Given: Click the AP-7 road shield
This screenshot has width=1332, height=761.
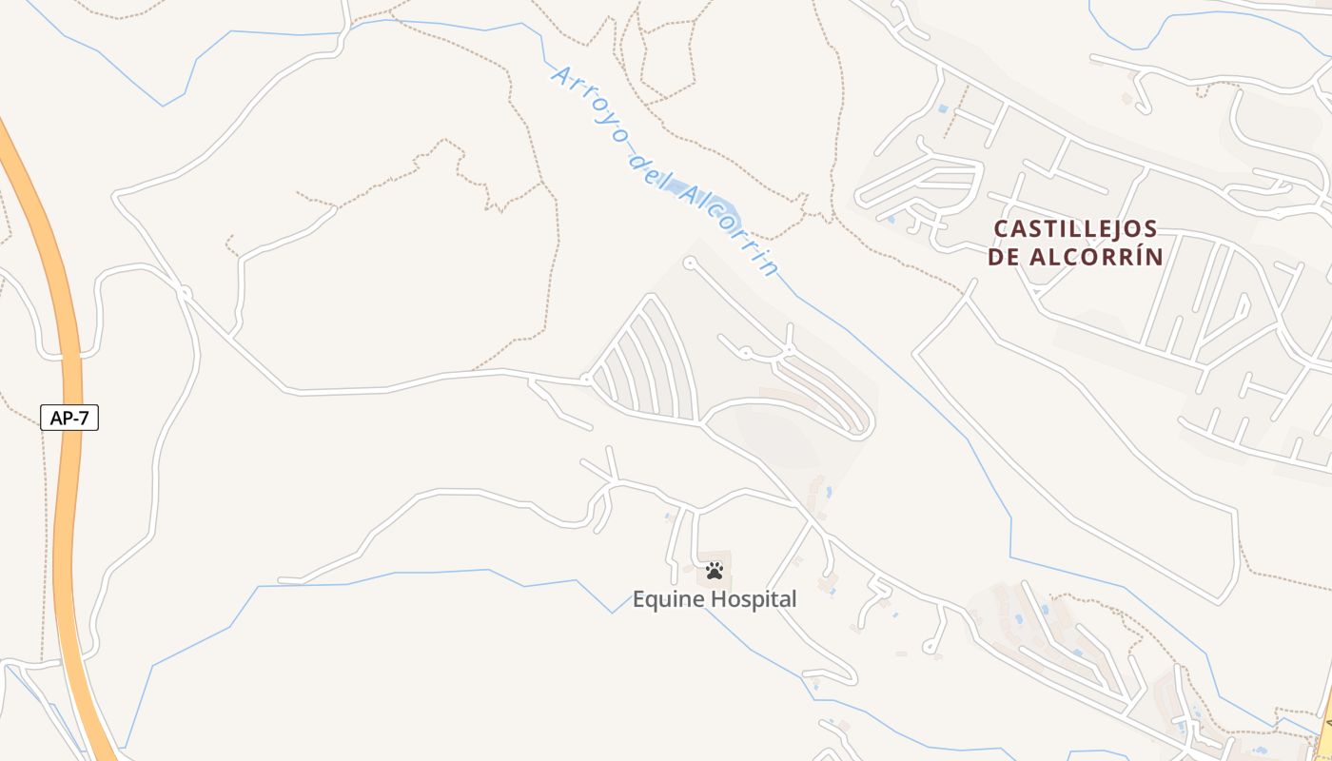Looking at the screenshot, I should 69,417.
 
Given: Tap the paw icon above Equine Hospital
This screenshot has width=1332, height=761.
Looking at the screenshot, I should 715,571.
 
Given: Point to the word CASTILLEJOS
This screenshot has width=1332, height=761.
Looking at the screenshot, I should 1075,229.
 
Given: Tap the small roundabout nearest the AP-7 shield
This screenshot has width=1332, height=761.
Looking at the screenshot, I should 184,293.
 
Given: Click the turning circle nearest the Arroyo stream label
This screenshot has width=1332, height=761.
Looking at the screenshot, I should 690,262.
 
